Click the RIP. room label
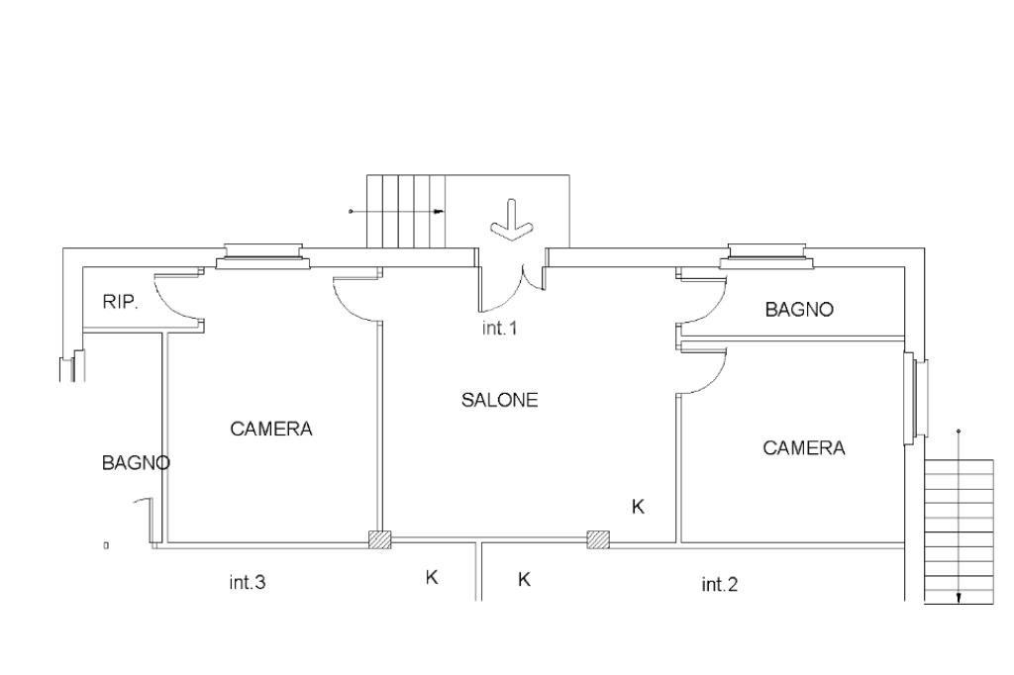coord(120,301)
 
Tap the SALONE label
coord(499,400)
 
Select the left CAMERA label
coord(271,428)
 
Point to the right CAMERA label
coord(804,447)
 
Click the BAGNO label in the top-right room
coord(799,309)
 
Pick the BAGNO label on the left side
coord(136,462)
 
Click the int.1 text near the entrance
coord(499,328)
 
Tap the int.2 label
coord(719,585)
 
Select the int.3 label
coord(247,582)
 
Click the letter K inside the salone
coord(638,507)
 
